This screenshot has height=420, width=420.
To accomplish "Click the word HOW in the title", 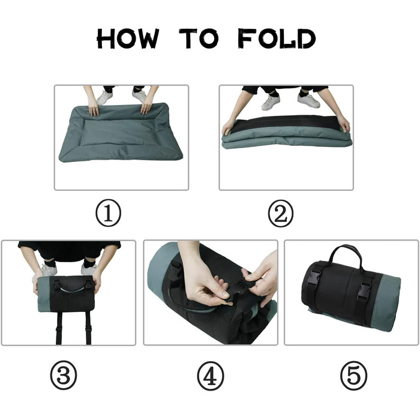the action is click(x=127, y=39).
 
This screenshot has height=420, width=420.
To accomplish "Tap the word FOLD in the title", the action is click(x=277, y=39).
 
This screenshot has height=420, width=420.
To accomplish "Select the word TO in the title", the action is click(x=199, y=39).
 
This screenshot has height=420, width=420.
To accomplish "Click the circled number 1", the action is click(x=108, y=213).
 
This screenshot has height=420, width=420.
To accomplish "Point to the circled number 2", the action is click(x=280, y=214).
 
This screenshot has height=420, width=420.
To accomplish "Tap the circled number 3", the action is click(x=64, y=375).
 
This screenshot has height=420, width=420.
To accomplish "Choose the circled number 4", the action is click(x=210, y=376).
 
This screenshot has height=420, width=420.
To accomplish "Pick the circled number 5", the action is click(x=353, y=376).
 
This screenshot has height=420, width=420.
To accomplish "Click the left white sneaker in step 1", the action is click(x=104, y=97).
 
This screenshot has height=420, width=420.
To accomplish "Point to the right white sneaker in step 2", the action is click(x=308, y=100).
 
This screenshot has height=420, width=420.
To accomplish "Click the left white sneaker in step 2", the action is click(x=271, y=103).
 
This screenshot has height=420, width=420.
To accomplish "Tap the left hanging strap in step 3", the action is click(x=59, y=328).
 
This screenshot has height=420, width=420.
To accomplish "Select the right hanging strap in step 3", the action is click(x=88, y=328).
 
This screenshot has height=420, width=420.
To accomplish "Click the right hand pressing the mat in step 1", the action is click(x=146, y=104).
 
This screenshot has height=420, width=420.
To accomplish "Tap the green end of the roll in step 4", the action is click(x=158, y=271).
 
